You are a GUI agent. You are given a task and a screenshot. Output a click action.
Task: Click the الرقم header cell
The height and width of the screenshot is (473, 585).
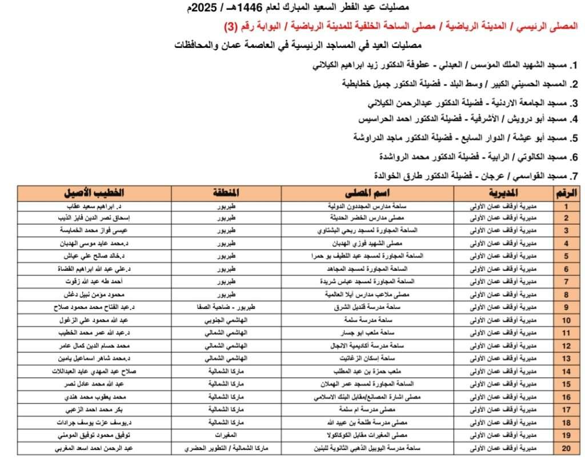pyautogui.click(x=566, y=193)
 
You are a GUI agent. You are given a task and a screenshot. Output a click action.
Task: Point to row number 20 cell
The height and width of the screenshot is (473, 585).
pyautogui.click(x=566, y=448)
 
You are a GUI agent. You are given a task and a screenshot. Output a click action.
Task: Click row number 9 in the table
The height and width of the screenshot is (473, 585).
pyautogui.click(x=566, y=307)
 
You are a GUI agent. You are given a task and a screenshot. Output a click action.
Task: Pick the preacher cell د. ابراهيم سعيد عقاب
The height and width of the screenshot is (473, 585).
pyautogui.click(x=100, y=206)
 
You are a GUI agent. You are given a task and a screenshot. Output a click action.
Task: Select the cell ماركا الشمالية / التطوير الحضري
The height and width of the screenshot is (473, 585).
pyautogui.click(x=214, y=448)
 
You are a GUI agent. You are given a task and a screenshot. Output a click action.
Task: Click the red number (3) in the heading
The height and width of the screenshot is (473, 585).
pyautogui.click(x=230, y=27)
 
